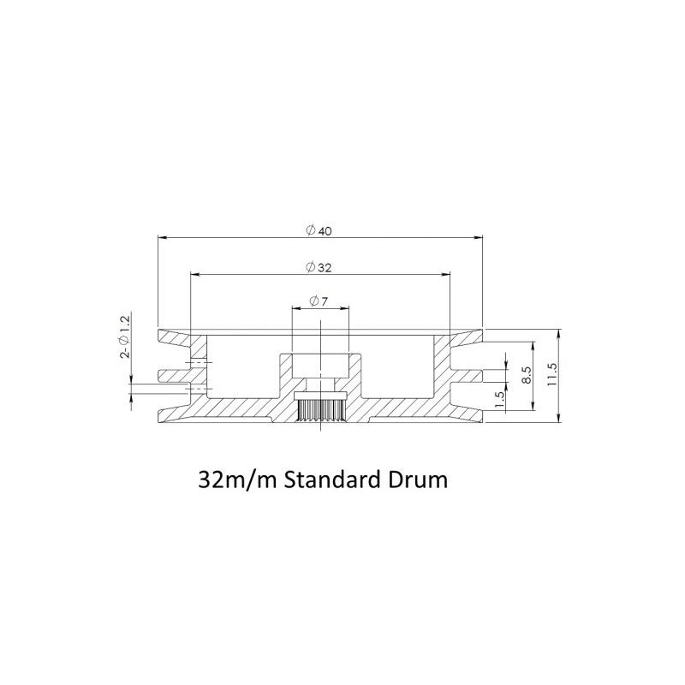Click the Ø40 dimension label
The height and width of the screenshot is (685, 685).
319,230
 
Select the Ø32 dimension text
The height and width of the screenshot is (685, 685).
319,267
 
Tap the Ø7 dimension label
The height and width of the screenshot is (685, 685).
319,301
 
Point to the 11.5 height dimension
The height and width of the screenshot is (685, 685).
552,374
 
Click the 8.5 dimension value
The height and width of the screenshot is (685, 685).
527,375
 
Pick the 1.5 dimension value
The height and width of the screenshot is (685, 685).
501,399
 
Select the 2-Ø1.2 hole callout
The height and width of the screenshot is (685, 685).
125,337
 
